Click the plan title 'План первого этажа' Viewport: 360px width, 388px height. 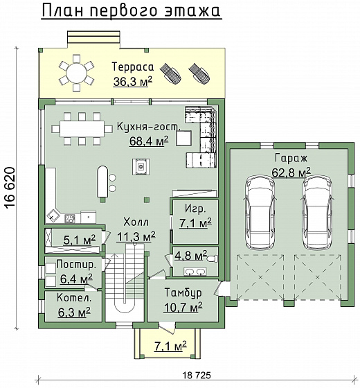pos(131,10)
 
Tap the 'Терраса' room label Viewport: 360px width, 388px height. pos(133,67)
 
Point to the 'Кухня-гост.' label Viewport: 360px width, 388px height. pos(149,127)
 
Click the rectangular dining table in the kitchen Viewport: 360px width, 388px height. pos(82,129)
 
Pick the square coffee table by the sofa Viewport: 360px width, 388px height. pos(183,138)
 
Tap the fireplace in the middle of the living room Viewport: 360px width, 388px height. pos(141,167)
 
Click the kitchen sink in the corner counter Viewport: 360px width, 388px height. pos(53,216)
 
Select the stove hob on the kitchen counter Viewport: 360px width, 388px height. pos(70,218)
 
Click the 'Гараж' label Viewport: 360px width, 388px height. pos(291,159)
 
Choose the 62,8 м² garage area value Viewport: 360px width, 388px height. pos(291,173)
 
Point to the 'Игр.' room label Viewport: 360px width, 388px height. pos(195,209)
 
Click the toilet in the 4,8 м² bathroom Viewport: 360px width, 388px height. pos(213,259)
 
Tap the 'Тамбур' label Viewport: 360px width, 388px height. pos(183,292)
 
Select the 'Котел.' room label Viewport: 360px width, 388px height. pos(74,298)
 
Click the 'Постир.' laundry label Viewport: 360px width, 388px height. pos(76,265)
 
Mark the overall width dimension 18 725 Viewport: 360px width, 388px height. pos(197,375)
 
